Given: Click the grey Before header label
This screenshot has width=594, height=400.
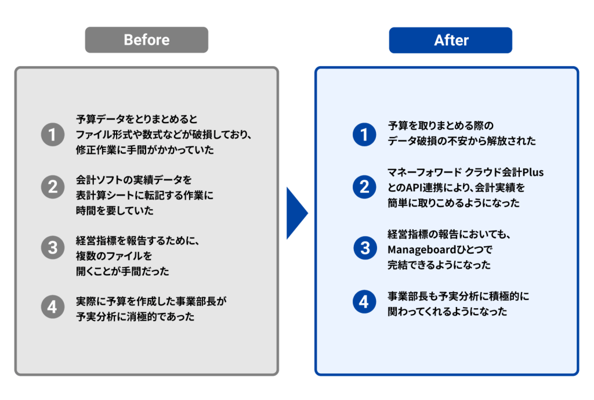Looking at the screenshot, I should pyautogui.click(x=146, y=40).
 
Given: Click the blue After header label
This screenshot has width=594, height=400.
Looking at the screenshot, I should pyautogui.click(x=451, y=40).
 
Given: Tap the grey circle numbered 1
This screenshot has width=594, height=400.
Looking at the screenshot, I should pyautogui.click(x=52, y=135).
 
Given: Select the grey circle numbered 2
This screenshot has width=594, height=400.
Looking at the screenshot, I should pyautogui.click(x=52, y=187).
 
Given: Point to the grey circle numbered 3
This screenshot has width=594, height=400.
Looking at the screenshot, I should pyautogui.click(x=52, y=248).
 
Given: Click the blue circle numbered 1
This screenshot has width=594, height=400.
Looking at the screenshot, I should pyautogui.click(x=364, y=135).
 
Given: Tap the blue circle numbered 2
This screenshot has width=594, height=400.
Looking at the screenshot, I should pyautogui.click(x=364, y=187).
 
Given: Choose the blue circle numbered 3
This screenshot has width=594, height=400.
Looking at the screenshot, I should pyautogui.click(x=364, y=248).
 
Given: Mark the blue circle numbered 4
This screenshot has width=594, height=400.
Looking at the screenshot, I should pyautogui.click(x=364, y=302).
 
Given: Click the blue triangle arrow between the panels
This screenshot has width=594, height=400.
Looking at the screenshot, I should pyautogui.click(x=296, y=214).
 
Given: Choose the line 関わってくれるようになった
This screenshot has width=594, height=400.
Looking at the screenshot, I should pyautogui.click(x=447, y=312).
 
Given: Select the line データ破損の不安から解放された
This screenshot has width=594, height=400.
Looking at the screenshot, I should pyautogui.click(x=462, y=141).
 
